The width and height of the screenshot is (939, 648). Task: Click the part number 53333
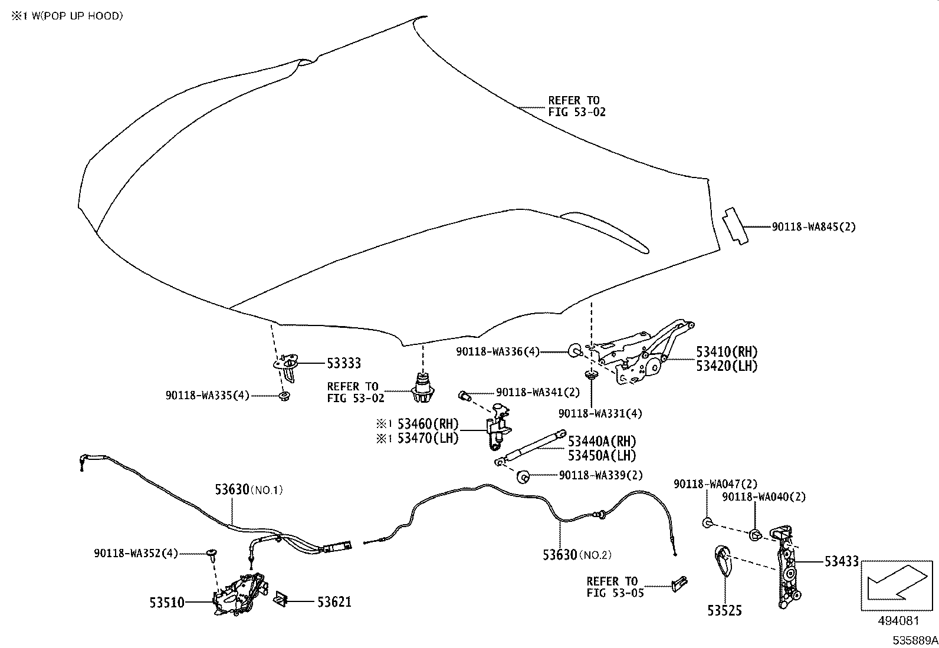(343, 363)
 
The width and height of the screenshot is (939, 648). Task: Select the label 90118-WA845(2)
(813, 227)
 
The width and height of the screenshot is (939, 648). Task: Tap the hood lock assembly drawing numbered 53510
(239, 597)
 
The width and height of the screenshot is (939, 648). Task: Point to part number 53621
(334, 602)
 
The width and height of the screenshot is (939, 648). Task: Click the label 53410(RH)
(727, 352)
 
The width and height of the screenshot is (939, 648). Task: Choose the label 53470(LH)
(427, 438)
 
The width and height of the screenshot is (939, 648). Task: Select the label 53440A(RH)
(602, 442)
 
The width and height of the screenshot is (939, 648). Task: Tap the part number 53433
(841, 562)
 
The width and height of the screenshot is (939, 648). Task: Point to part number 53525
(725, 611)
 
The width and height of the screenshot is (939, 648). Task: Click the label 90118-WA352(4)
(135, 554)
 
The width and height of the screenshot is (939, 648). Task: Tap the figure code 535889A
(914, 640)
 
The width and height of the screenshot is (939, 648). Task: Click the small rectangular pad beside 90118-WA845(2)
(735, 225)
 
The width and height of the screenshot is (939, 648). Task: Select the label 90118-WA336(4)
(498, 351)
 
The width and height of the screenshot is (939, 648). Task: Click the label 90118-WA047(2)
(715, 484)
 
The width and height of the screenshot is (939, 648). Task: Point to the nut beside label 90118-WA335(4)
(284, 395)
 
